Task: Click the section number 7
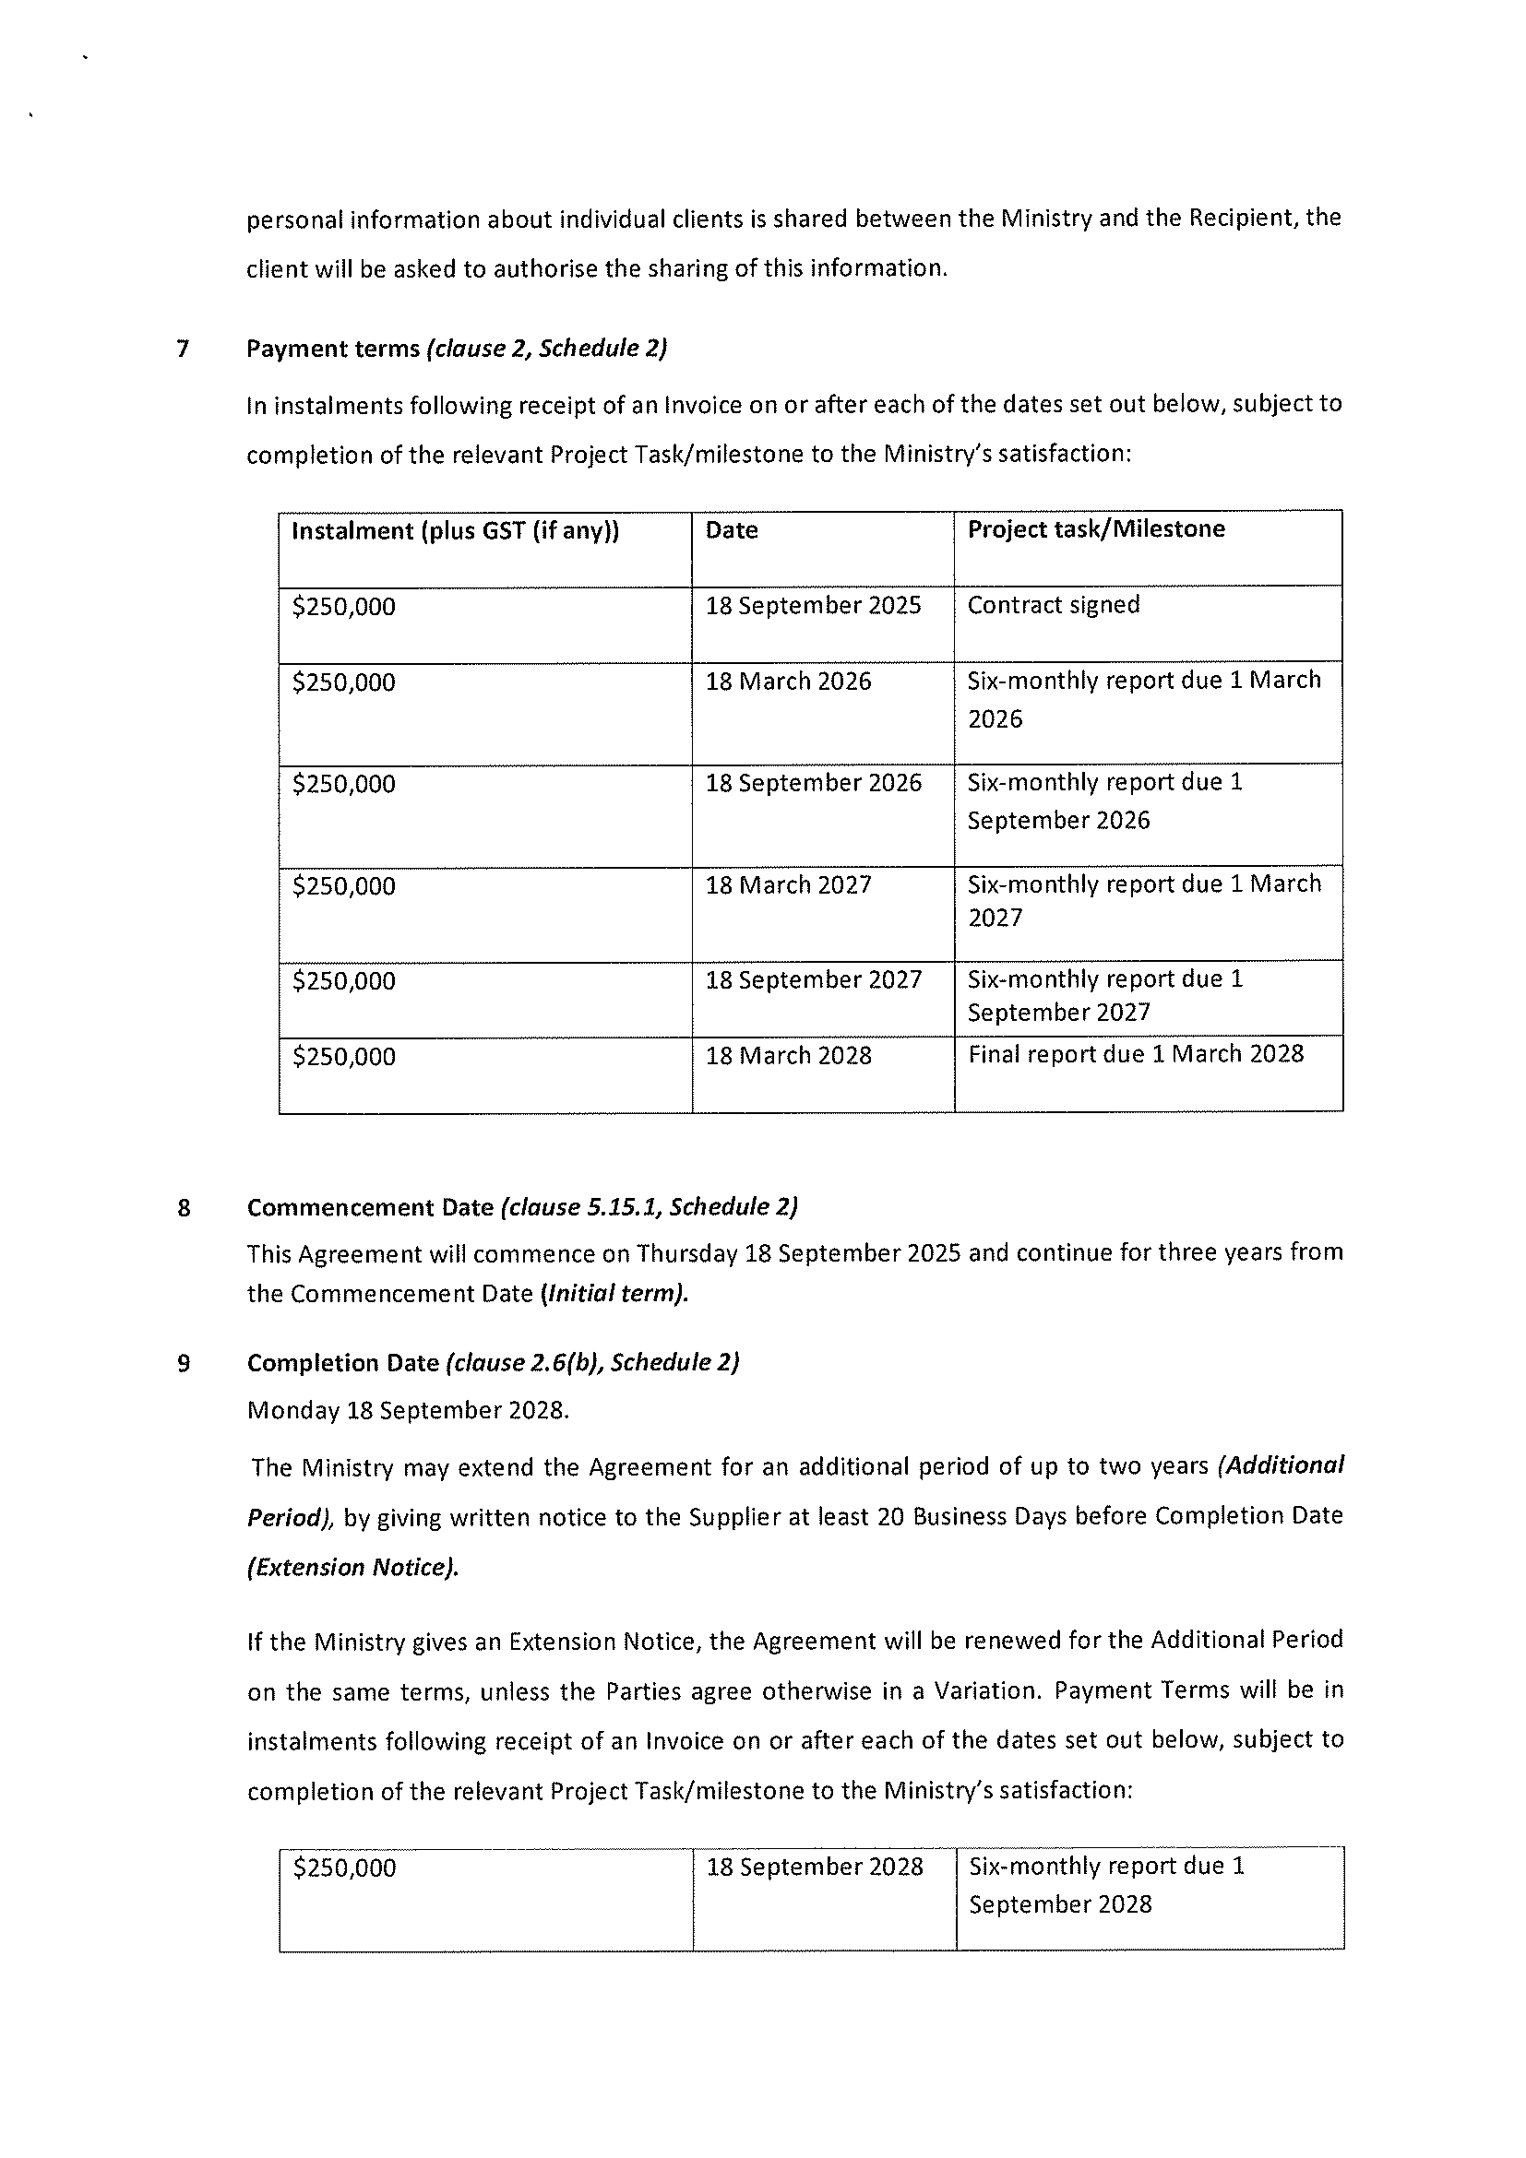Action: pos(183,350)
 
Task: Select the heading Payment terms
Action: pos(333,349)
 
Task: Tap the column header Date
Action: pos(732,530)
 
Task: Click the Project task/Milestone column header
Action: pos(1095,529)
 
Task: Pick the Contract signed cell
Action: pos(1053,605)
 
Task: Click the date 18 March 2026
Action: pos(788,682)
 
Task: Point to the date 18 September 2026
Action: pos(814,783)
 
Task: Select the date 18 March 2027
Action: pos(788,885)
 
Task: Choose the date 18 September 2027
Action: pos(814,980)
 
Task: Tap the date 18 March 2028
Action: pos(788,1057)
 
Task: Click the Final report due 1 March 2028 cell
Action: pos(1135,1055)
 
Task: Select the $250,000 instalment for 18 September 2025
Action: pos(344,607)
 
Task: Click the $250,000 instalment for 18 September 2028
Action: pos(344,1867)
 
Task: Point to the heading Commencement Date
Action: pos(371,1208)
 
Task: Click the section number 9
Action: pos(184,1364)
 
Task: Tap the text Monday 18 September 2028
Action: pos(408,1411)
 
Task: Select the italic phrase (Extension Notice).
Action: pos(352,1568)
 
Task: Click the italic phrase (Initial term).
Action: pos(614,1294)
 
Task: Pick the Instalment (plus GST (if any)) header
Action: pos(455,531)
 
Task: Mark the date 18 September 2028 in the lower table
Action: pos(815,1867)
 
